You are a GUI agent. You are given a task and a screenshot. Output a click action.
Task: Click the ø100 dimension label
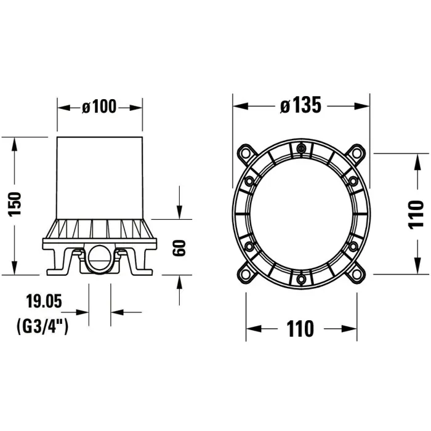click(x=99, y=107)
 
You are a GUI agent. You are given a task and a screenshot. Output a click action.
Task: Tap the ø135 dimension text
click(x=300, y=105)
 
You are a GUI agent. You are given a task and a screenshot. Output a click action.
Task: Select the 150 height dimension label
click(x=15, y=204)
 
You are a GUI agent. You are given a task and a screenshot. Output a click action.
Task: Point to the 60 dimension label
click(x=179, y=248)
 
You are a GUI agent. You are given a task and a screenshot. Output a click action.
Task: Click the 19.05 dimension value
click(x=44, y=301)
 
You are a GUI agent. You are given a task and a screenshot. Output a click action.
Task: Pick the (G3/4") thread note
click(x=42, y=326)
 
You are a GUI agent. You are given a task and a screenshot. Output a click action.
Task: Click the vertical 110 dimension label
click(x=416, y=215)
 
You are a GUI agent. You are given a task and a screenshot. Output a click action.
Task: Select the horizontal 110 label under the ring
click(x=300, y=328)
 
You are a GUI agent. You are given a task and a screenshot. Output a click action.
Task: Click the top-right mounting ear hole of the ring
click(x=356, y=153)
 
